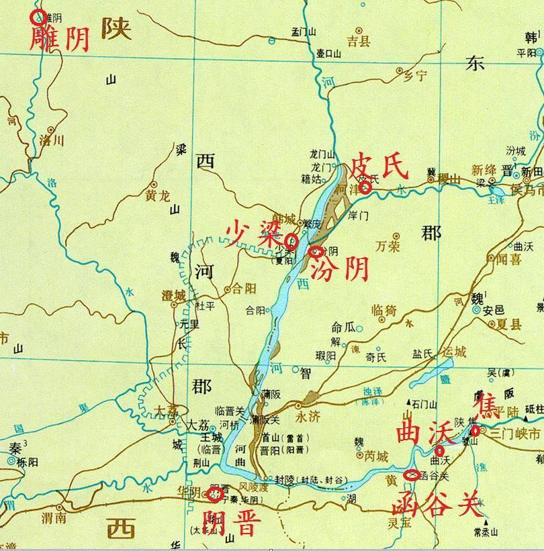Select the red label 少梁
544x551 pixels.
[x=252, y=234]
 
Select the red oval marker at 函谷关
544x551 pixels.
[x=414, y=475]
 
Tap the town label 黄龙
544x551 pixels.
[x=163, y=196]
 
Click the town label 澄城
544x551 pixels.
[x=173, y=295]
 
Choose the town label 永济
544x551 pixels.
[x=308, y=415]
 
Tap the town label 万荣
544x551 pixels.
[x=388, y=246]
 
